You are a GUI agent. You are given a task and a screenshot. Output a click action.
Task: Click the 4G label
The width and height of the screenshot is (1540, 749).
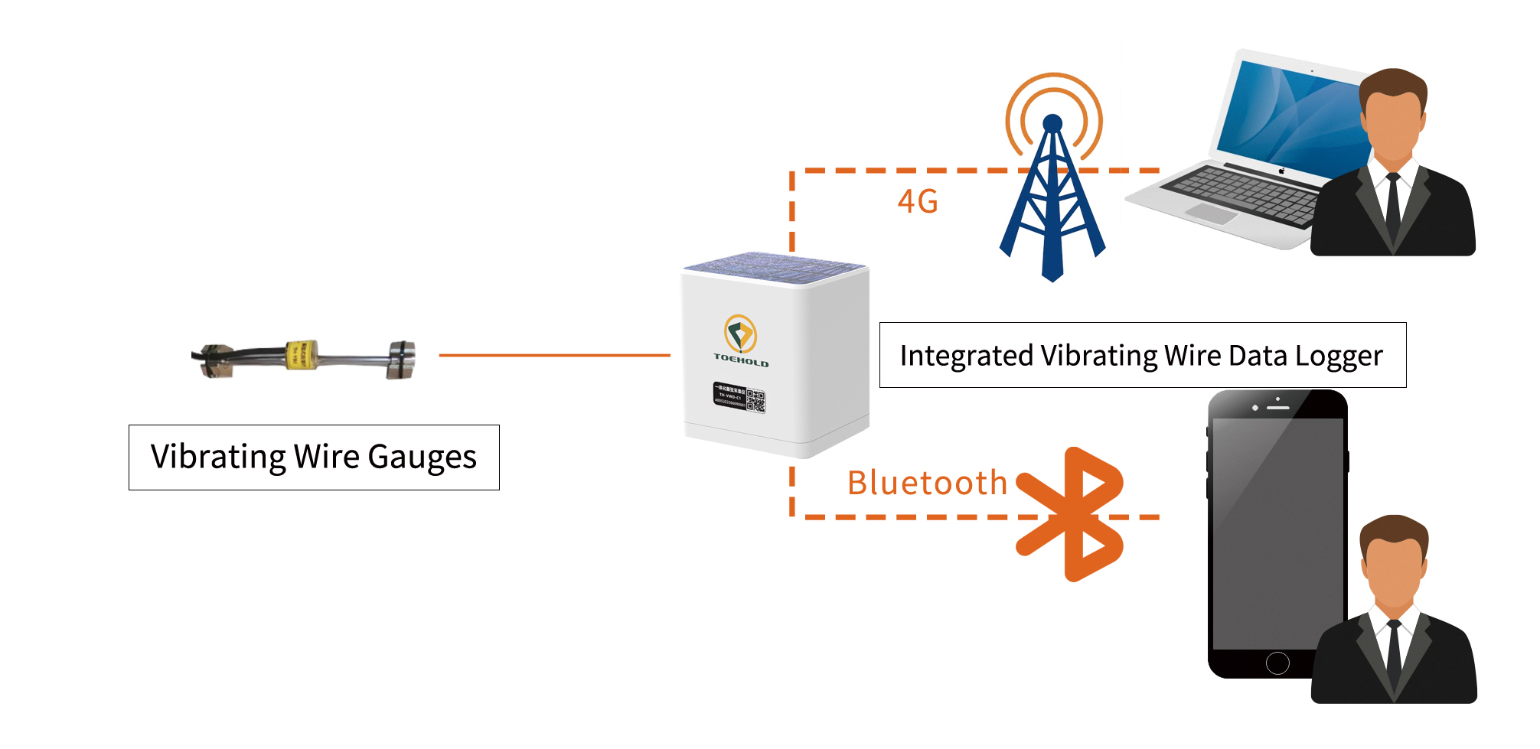pyautogui.click(x=917, y=202)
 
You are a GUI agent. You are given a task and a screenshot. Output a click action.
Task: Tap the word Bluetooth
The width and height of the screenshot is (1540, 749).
pyautogui.click(x=927, y=484)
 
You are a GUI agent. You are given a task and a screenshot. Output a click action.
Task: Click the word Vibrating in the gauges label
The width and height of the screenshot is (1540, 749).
pyautogui.click(x=218, y=458)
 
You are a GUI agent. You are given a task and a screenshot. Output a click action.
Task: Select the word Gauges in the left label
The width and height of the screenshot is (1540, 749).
pyautogui.click(x=422, y=458)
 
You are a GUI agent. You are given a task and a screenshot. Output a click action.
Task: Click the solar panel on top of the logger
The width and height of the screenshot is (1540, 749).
pyautogui.click(x=775, y=268)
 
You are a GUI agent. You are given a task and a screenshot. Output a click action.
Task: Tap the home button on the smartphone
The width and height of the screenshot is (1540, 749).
pyautogui.click(x=1277, y=663)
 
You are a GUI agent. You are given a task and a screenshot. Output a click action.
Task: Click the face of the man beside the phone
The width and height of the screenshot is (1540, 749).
pyautogui.click(x=1394, y=570)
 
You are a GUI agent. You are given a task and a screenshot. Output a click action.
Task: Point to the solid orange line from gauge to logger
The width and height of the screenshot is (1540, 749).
pyautogui.click(x=554, y=355)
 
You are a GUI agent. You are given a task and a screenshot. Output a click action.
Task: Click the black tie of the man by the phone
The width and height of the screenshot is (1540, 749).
pyautogui.click(x=1395, y=654)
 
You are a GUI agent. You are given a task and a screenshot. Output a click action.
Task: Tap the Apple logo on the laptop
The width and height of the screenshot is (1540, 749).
pyautogui.click(x=1281, y=171)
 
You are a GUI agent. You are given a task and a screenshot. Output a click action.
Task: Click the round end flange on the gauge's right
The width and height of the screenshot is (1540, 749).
pyautogui.click(x=401, y=360)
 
